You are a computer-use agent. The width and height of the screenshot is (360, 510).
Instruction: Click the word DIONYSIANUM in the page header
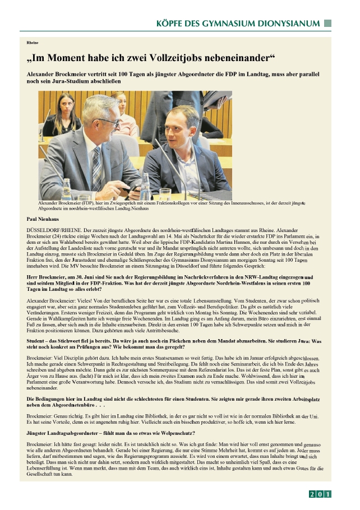(x=290, y=24)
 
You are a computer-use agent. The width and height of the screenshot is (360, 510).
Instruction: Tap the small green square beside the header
(x=328, y=24)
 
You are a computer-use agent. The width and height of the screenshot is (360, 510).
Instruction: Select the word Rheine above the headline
(x=32, y=43)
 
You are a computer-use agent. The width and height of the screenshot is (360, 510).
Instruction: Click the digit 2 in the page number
(x=312, y=494)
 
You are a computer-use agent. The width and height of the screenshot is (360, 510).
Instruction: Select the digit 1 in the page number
(x=328, y=494)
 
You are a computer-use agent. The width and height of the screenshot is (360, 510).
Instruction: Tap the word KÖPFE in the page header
(x=170, y=24)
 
